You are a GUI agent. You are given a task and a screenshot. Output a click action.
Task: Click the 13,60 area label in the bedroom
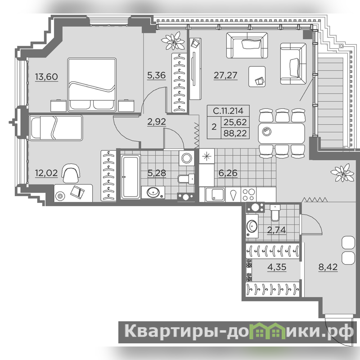click(x=46, y=76)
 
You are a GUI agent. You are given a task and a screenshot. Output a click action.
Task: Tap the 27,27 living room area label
click(x=225, y=75)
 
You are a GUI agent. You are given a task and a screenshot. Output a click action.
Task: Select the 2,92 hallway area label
click(x=157, y=121)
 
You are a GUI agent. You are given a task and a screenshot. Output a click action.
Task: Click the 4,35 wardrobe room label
click(x=277, y=267)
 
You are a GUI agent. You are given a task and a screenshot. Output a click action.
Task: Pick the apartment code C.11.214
click(x=228, y=111)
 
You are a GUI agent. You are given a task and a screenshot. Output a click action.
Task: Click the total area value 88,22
click(x=235, y=133)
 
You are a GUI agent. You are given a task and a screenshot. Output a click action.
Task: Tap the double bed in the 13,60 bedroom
click(x=92, y=85)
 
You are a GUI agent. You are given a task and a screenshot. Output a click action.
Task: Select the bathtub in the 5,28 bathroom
click(x=130, y=176)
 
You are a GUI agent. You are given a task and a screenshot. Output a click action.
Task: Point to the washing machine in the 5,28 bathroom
click(x=186, y=158)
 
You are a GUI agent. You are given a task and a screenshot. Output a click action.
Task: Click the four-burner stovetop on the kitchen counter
click(x=248, y=195)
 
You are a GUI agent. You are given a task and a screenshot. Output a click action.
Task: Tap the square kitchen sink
click(x=215, y=195)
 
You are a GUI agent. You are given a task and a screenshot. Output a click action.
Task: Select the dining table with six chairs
click(x=282, y=133)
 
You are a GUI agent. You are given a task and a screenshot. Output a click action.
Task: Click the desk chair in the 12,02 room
click(x=72, y=173)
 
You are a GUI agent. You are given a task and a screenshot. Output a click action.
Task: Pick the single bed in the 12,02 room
click(x=56, y=128)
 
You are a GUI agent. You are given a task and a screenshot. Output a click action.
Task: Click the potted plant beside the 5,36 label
click(x=173, y=40)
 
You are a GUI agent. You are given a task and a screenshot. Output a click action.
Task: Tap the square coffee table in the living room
click(x=257, y=76)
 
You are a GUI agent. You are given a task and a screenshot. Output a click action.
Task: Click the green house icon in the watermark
click(x=270, y=331)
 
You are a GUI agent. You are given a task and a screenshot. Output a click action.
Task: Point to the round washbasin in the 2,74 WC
click(x=252, y=226)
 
